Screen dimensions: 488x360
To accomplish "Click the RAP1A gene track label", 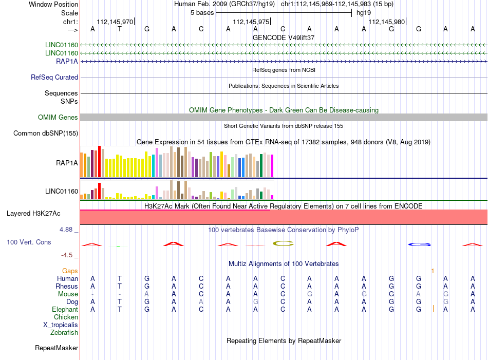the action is tap(67, 61).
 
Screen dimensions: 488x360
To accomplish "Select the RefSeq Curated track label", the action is tap(54, 77).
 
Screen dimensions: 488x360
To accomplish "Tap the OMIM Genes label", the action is tap(58, 117).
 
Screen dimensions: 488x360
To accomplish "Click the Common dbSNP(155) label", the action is tap(45, 133).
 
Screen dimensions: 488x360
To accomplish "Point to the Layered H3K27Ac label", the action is tap(33, 214).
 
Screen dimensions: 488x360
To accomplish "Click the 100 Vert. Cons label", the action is tap(29, 242).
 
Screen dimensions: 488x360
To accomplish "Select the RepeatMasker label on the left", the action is tap(57, 348).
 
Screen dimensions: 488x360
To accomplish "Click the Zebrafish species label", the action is tap(64, 333).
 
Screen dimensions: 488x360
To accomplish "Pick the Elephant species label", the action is tap(65, 309).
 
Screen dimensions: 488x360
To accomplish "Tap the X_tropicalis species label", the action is tap(61, 325).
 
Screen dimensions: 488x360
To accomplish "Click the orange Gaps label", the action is tap(70, 271).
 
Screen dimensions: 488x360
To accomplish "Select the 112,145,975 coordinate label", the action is tap(251, 22).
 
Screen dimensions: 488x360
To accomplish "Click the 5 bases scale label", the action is tap(202, 13).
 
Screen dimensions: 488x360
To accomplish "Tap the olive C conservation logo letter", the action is tap(283, 243).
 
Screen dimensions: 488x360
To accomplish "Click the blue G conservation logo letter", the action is tap(419, 244).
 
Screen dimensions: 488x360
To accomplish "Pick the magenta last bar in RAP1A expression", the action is tap(272, 166).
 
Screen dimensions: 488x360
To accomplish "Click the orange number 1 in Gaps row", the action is tap(433, 271).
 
